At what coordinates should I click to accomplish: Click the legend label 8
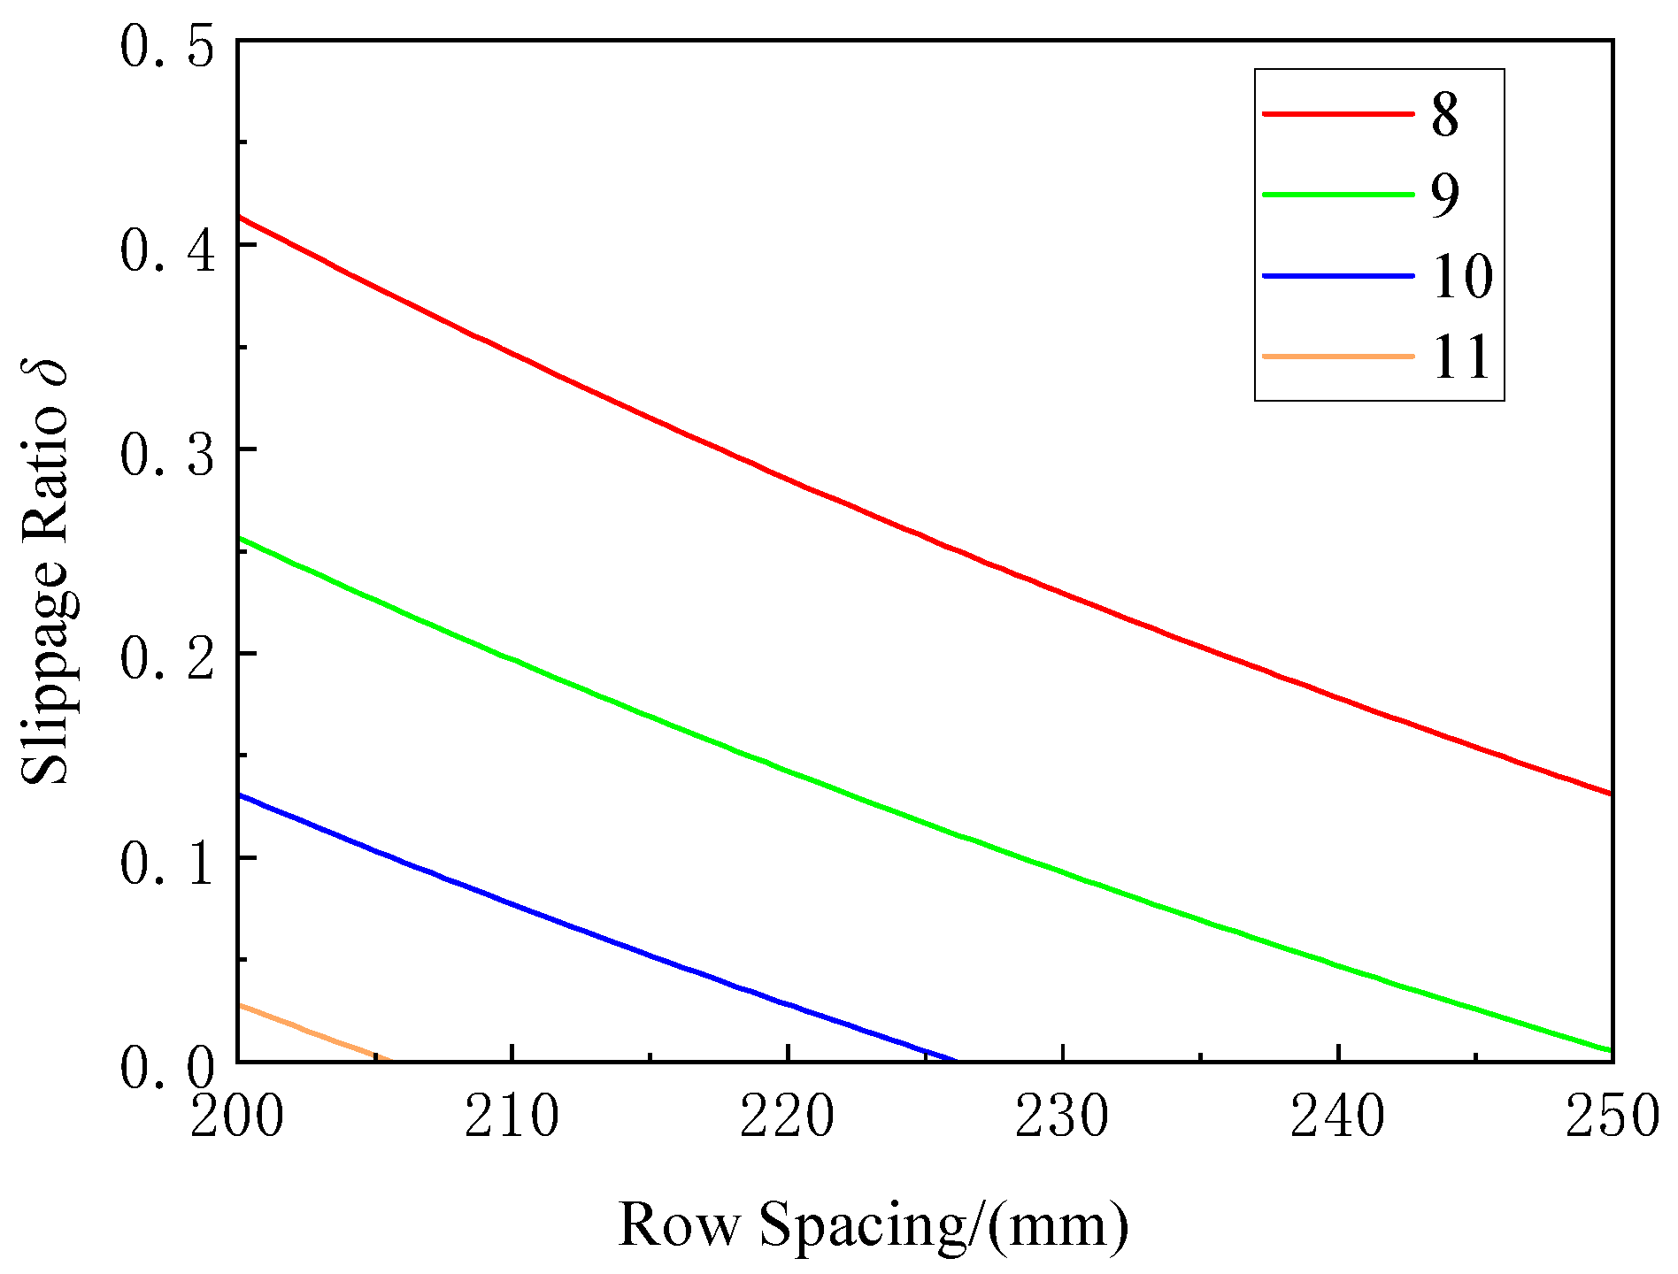coord(1444,115)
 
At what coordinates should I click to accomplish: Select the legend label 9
coord(1444,196)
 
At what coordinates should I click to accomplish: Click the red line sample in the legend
coord(1337,113)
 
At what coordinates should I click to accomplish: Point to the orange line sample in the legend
coord(1337,356)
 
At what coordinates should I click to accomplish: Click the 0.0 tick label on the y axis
coord(168,1068)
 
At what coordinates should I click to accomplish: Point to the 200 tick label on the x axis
coord(237,1117)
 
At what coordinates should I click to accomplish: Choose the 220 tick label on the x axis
coord(787,1117)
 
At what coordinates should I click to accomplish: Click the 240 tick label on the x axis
coord(1337,1117)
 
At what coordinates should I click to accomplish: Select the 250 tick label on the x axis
coord(1611,1117)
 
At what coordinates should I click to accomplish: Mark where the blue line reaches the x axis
coord(956,1060)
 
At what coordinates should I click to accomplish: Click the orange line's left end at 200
coord(240,1006)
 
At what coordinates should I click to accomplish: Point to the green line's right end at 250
coord(1611,1050)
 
